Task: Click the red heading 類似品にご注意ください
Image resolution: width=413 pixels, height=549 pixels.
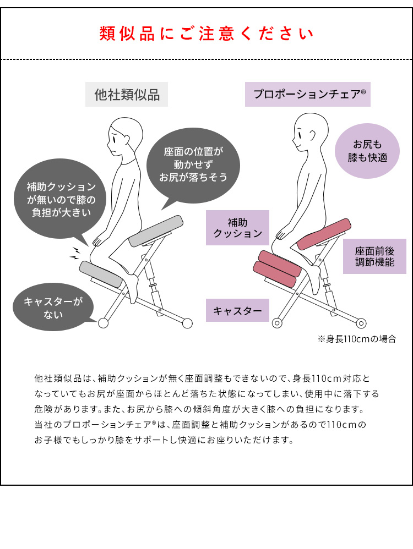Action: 206,34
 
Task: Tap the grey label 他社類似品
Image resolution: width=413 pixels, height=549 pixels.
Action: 127,95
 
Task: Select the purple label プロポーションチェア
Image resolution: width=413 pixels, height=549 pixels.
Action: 307,95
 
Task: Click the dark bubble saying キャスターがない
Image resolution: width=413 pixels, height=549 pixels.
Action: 52,309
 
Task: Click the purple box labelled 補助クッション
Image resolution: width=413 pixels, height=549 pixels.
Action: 237,228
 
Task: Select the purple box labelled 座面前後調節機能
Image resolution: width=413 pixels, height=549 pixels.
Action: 374,256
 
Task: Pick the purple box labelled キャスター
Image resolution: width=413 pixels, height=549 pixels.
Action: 237,311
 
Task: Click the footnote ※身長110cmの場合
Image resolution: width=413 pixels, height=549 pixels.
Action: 356,339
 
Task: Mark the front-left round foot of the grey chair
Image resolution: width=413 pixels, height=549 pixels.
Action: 102,323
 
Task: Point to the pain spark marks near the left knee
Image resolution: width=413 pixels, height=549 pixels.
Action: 74,254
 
